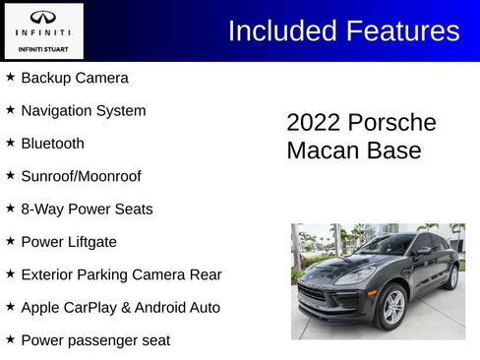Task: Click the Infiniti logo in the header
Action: click(x=43, y=18)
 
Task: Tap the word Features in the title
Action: click(x=400, y=30)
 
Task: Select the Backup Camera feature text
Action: click(x=75, y=78)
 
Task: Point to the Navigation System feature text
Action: click(x=84, y=110)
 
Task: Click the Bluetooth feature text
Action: click(x=53, y=144)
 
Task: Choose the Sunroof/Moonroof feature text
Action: click(x=81, y=176)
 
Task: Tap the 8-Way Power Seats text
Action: click(x=87, y=209)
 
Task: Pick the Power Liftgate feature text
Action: click(x=69, y=242)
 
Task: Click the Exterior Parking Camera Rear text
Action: click(x=121, y=274)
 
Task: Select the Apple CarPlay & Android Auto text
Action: click(x=120, y=308)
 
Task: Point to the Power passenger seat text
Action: click(x=95, y=340)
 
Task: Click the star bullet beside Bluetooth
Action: click(x=10, y=143)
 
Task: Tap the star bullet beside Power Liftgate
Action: click(x=10, y=241)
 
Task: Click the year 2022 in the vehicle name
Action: click(x=312, y=123)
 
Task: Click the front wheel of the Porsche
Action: click(x=392, y=307)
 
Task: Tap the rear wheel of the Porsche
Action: click(x=452, y=277)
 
